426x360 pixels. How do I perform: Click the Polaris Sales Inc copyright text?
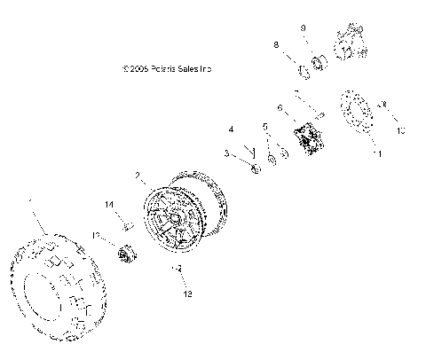(x=170, y=67)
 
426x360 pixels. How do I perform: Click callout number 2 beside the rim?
(x=137, y=176)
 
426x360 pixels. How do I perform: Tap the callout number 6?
(x=280, y=109)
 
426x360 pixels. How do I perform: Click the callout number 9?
(x=303, y=28)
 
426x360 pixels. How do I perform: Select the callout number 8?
(x=276, y=44)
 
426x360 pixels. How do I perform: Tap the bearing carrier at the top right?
(x=348, y=44)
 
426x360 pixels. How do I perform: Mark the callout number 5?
(x=264, y=127)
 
